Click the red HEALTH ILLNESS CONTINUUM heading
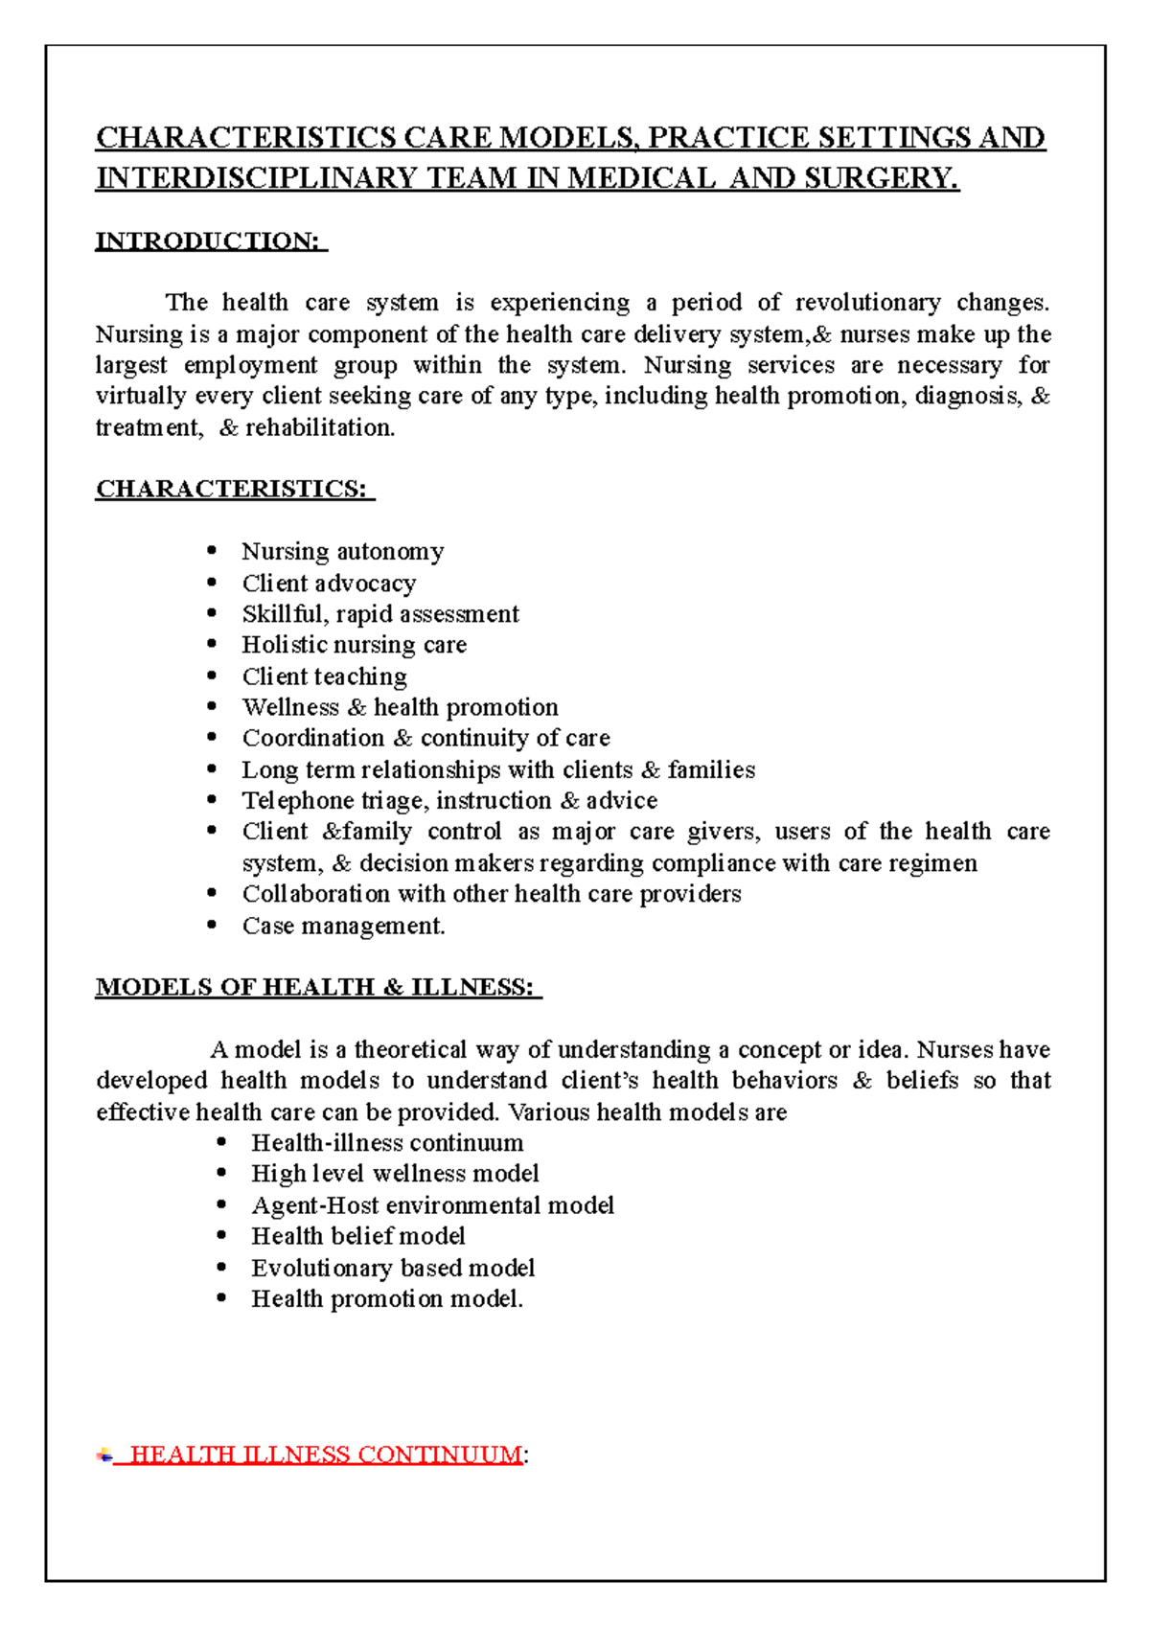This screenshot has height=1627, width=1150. tap(326, 1455)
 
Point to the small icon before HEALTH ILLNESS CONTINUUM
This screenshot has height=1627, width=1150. tap(103, 1455)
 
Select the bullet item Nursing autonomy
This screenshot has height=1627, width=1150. tap(342, 551)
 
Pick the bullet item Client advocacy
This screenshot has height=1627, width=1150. tap(329, 583)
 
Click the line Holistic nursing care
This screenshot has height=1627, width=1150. tap(354, 645)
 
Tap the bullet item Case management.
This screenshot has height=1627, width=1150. tap(343, 926)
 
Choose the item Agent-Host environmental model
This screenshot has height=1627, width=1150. tap(432, 1205)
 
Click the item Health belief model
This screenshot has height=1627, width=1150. tap(357, 1236)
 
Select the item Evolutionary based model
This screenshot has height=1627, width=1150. tap(393, 1268)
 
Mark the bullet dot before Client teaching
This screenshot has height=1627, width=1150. tap(213, 676)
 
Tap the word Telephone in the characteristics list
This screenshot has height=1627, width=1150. tap(297, 800)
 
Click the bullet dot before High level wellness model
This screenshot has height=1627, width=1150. tap(221, 1173)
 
